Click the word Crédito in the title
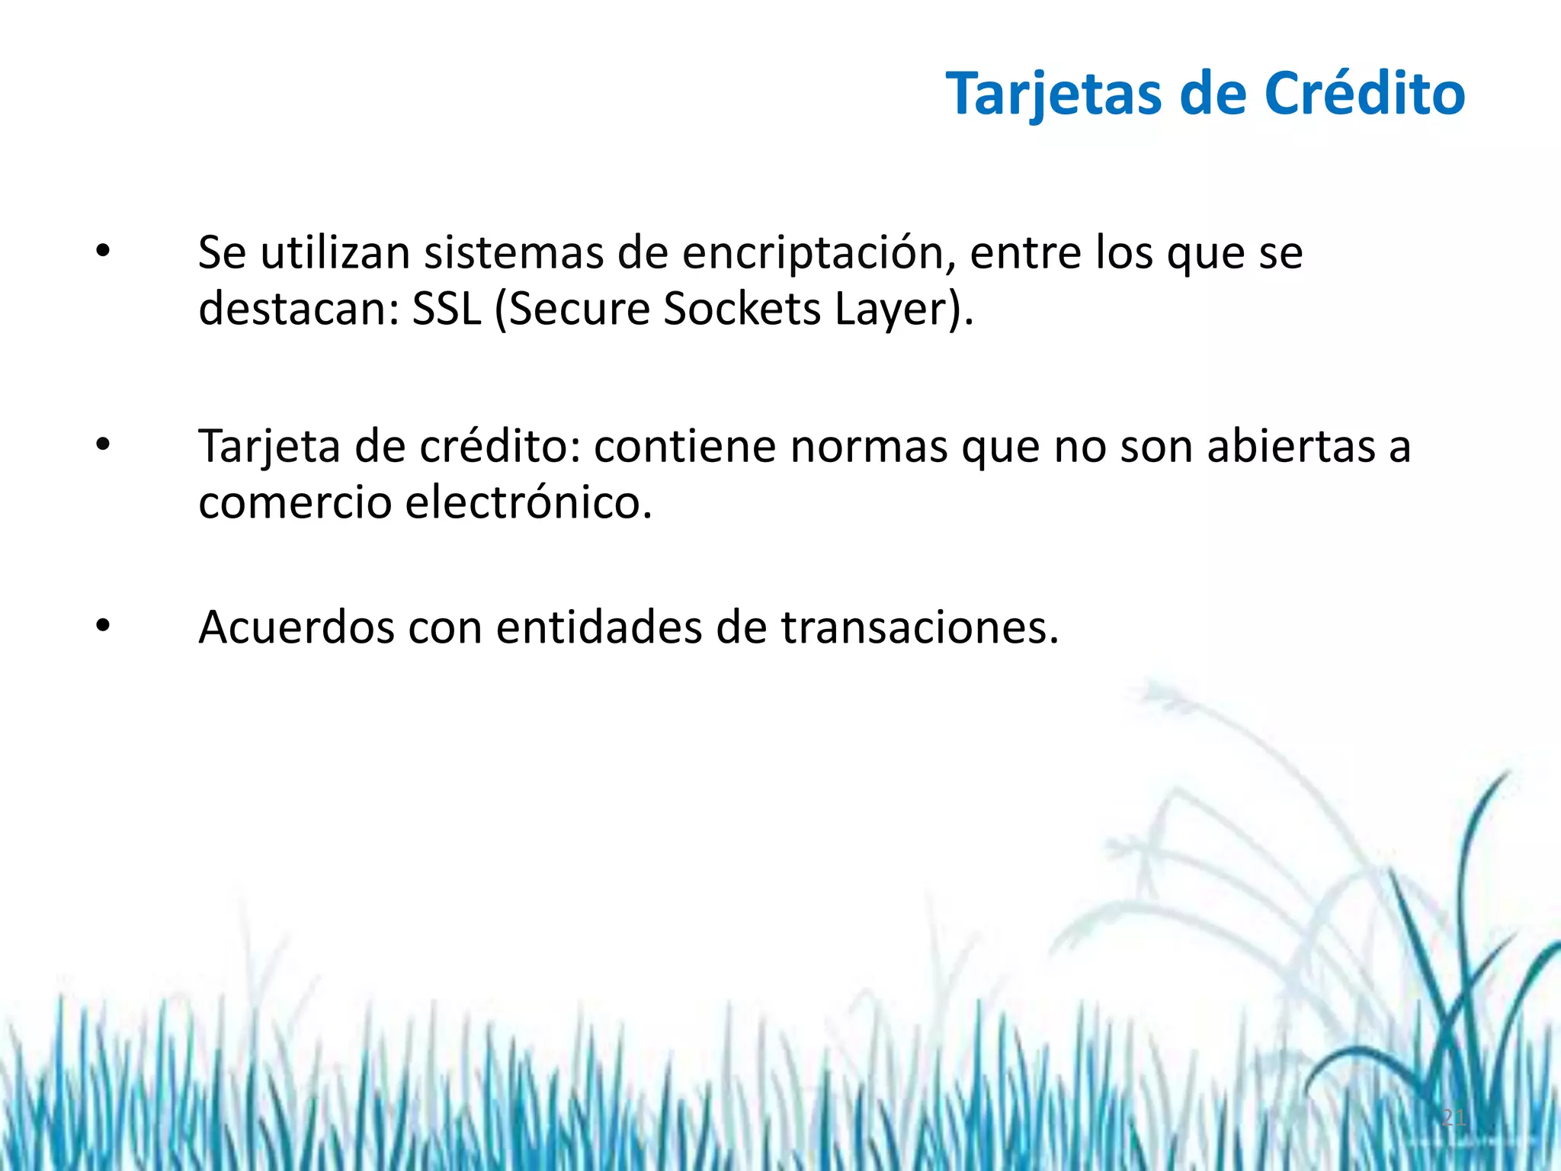(1364, 94)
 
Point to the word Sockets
(742, 309)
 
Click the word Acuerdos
(296, 627)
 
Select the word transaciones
(919, 627)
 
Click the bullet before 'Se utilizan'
(103, 251)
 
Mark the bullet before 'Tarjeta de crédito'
(103, 444)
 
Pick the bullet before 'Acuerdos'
(103, 626)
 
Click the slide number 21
(1454, 1118)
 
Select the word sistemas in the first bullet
(514, 253)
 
